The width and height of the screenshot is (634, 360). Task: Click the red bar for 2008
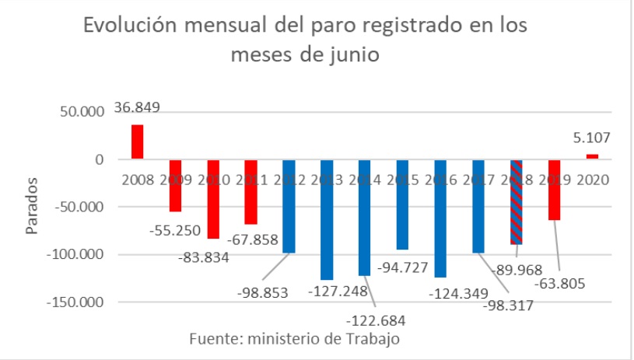pyautogui.click(x=137, y=142)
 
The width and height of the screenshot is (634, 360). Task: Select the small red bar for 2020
pyautogui.click(x=592, y=156)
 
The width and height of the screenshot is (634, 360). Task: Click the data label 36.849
pyautogui.click(x=137, y=107)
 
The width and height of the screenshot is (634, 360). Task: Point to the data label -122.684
pyautogui.click(x=377, y=320)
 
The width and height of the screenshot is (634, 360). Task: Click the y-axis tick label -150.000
pyautogui.click(x=75, y=302)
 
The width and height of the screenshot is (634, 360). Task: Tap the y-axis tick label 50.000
pyautogui.click(x=81, y=112)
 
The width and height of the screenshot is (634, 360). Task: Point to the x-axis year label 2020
pyautogui.click(x=592, y=179)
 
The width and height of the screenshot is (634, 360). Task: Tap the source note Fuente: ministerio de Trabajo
pyautogui.click(x=295, y=339)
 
